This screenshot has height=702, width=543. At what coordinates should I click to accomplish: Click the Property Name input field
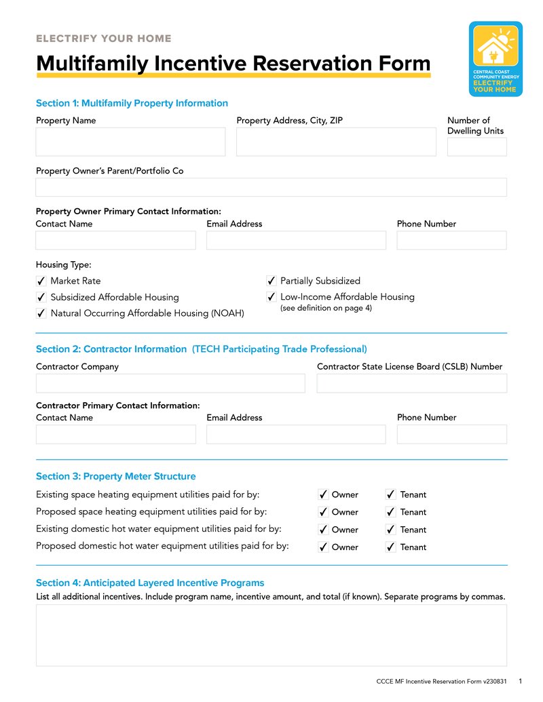[x=130, y=142]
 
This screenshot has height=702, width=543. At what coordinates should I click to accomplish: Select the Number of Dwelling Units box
[x=476, y=147]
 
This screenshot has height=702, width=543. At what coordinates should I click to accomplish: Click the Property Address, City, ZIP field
[x=336, y=142]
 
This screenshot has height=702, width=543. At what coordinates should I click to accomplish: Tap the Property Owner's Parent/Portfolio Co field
[x=271, y=187]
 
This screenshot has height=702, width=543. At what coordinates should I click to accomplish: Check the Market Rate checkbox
[x=41, y=281]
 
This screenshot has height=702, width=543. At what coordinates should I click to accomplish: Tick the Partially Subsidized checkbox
[x=271, y=281]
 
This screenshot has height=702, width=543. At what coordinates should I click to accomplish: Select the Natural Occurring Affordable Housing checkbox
[x=41, y=313]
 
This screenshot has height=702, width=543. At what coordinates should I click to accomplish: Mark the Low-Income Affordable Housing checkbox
[x=271, y=297]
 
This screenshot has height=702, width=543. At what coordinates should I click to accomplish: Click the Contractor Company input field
[x=170, y=383]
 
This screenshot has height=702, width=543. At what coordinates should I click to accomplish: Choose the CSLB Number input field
[x=411, y=383]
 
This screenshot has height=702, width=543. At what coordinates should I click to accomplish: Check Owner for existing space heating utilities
[x=323, y=495]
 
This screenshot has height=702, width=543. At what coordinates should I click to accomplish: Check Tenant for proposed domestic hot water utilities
[x=391, y=547]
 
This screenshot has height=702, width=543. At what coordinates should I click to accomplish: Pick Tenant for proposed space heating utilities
[x=391, y=513]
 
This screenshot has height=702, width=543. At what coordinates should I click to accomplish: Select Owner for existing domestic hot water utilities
[x=323, y=530]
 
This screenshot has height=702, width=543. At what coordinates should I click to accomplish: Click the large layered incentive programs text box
[x=271, y=636]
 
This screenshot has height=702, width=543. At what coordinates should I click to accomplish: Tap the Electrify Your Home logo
[x=495, y=59]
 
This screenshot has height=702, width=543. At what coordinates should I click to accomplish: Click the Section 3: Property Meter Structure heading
[x=115, y=476]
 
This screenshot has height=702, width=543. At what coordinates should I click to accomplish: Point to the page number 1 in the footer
[x=520, y=681]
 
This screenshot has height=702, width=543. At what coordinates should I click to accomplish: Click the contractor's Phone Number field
[x=451, y=434]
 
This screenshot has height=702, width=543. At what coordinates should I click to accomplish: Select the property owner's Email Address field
[x=296, y=240]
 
